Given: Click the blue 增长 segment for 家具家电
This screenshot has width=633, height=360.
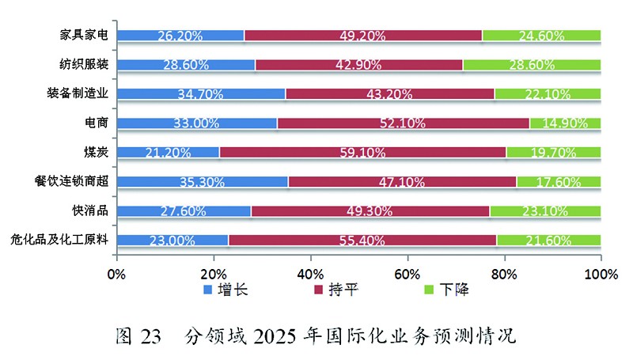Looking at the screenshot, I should pos(180,35).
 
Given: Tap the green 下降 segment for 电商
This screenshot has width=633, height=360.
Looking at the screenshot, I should pos(565,123).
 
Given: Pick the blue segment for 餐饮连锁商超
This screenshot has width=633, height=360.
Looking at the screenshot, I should pos(203,181).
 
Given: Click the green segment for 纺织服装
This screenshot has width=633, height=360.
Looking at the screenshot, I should pos(532,64).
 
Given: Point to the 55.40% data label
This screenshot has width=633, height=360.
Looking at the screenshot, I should pos(362,240).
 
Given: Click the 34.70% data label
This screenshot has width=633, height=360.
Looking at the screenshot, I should pos(201,94).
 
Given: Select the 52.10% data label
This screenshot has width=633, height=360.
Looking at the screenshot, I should pos(404,123).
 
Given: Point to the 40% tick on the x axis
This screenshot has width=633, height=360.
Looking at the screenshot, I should pos(310,275).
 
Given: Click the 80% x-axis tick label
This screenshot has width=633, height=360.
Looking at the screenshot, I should pos(504,275).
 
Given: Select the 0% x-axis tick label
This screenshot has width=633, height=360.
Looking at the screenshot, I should pos(116,275).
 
